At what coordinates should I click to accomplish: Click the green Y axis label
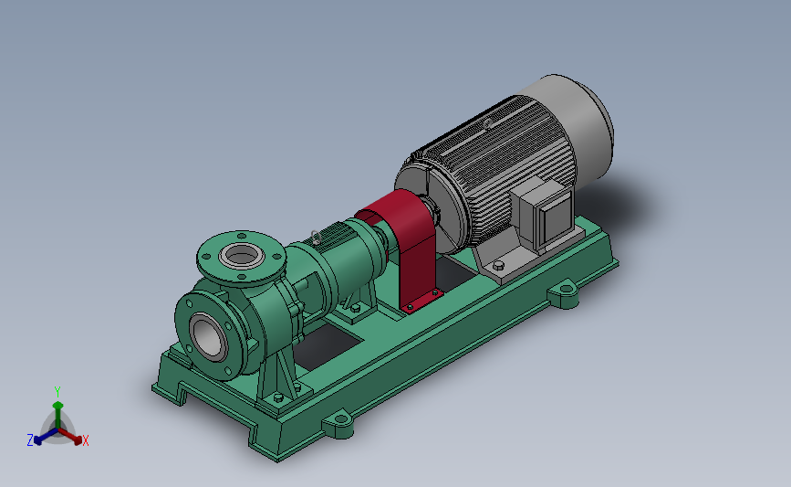[57, 392]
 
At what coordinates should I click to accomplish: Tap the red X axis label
[85, 440]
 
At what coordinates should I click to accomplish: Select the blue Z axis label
[30, 440]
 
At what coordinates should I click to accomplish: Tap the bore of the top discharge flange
[242, 255]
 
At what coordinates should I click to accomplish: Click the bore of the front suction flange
[207, 337]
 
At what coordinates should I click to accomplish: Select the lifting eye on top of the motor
[488, 123]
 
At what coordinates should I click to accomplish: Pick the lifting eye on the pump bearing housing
[316, 237]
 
